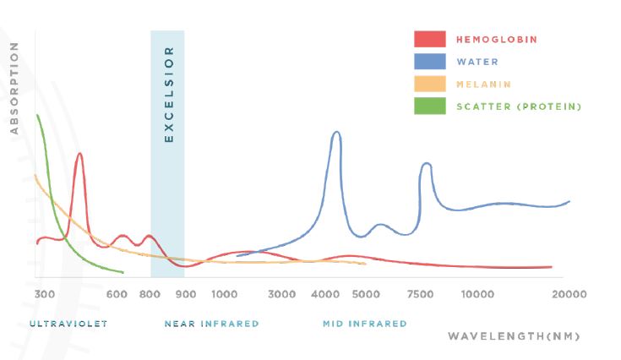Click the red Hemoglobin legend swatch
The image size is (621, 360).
pos(429,40)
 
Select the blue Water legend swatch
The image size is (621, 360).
pos(429,62)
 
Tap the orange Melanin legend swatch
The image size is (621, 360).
pos(429,84)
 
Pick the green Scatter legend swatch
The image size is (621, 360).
pos(429,106)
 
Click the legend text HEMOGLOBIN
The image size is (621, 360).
pos(497,40)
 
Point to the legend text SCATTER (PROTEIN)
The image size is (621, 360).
pos(519,106)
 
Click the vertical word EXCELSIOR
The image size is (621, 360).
pos(167,94)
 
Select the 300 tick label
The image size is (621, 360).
pos(45,294)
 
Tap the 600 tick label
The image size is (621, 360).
pos(117,294)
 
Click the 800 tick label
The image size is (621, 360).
pos(150,294)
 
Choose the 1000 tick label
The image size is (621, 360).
pos(224,294)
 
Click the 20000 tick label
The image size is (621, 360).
pos(569,294)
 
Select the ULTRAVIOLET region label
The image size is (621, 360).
pos(68,324)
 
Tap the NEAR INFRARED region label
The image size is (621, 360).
pos(211,324)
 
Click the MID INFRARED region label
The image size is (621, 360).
pos(364,324)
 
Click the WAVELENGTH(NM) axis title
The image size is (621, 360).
pos(514,336)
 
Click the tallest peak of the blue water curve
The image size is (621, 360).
pos(336,132)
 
